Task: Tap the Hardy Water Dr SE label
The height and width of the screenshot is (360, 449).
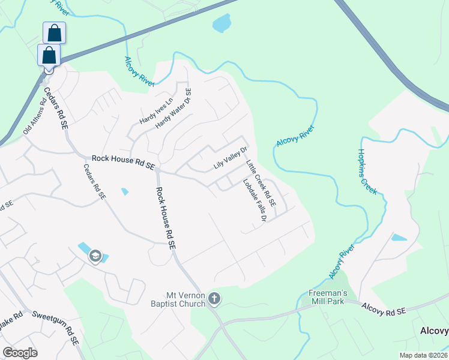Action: point(173,109)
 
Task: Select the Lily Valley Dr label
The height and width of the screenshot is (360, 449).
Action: point(231,158)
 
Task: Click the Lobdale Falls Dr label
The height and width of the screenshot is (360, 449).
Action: point(255,201)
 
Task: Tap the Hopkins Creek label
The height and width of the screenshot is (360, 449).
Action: point(367,171)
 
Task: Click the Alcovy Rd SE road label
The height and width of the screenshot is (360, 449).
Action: point(384,308)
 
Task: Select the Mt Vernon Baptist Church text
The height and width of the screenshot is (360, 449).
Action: point(185,299)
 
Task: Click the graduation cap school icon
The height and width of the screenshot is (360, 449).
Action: point(95,256)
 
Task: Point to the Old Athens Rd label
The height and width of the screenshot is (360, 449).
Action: point(34,116)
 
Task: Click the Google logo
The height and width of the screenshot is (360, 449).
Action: point(20,353)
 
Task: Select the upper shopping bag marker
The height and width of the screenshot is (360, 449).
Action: point(54,32)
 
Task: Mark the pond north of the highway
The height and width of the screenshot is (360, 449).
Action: point(221,24)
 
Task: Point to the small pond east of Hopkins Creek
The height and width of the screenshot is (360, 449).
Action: point(399,238)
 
